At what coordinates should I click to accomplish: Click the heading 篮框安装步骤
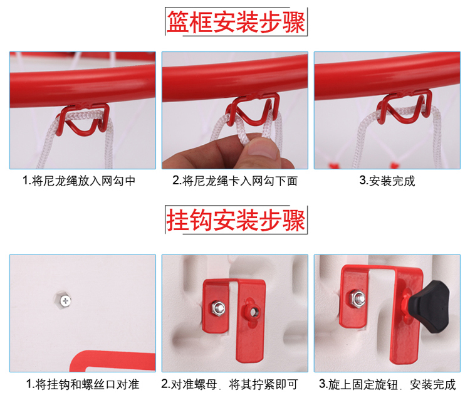pyautogui.click(x=236, y=21)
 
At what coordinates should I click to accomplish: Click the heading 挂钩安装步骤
pyautogui.click(x=236, y=219)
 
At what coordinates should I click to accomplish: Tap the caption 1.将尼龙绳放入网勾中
pyautogui.click(x=79, y=181)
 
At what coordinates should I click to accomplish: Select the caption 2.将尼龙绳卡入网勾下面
pyautogui.click(x=235, y=181)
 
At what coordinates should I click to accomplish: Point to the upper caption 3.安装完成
pyautogui.click(x=387, y=181)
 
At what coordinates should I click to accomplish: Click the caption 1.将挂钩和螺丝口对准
pyautogui.click(x=83, y=384)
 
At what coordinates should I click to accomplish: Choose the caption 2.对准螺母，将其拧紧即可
pyautogui.click(x=230, y=384)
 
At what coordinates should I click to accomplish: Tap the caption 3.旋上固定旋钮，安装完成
pyautogui.click(x=387, y=384)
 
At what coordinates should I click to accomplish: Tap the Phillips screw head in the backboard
pyautogui.click(x=65, y=300)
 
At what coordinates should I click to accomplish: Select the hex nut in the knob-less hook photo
pyautogui.click(x=218, y=308)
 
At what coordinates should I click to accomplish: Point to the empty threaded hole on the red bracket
pyautogui.click(x=254, y=312)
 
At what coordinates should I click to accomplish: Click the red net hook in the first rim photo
pyautogui.click(x=83, y=118)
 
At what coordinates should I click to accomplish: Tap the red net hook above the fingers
pyautogui.click(x=253, y=108)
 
